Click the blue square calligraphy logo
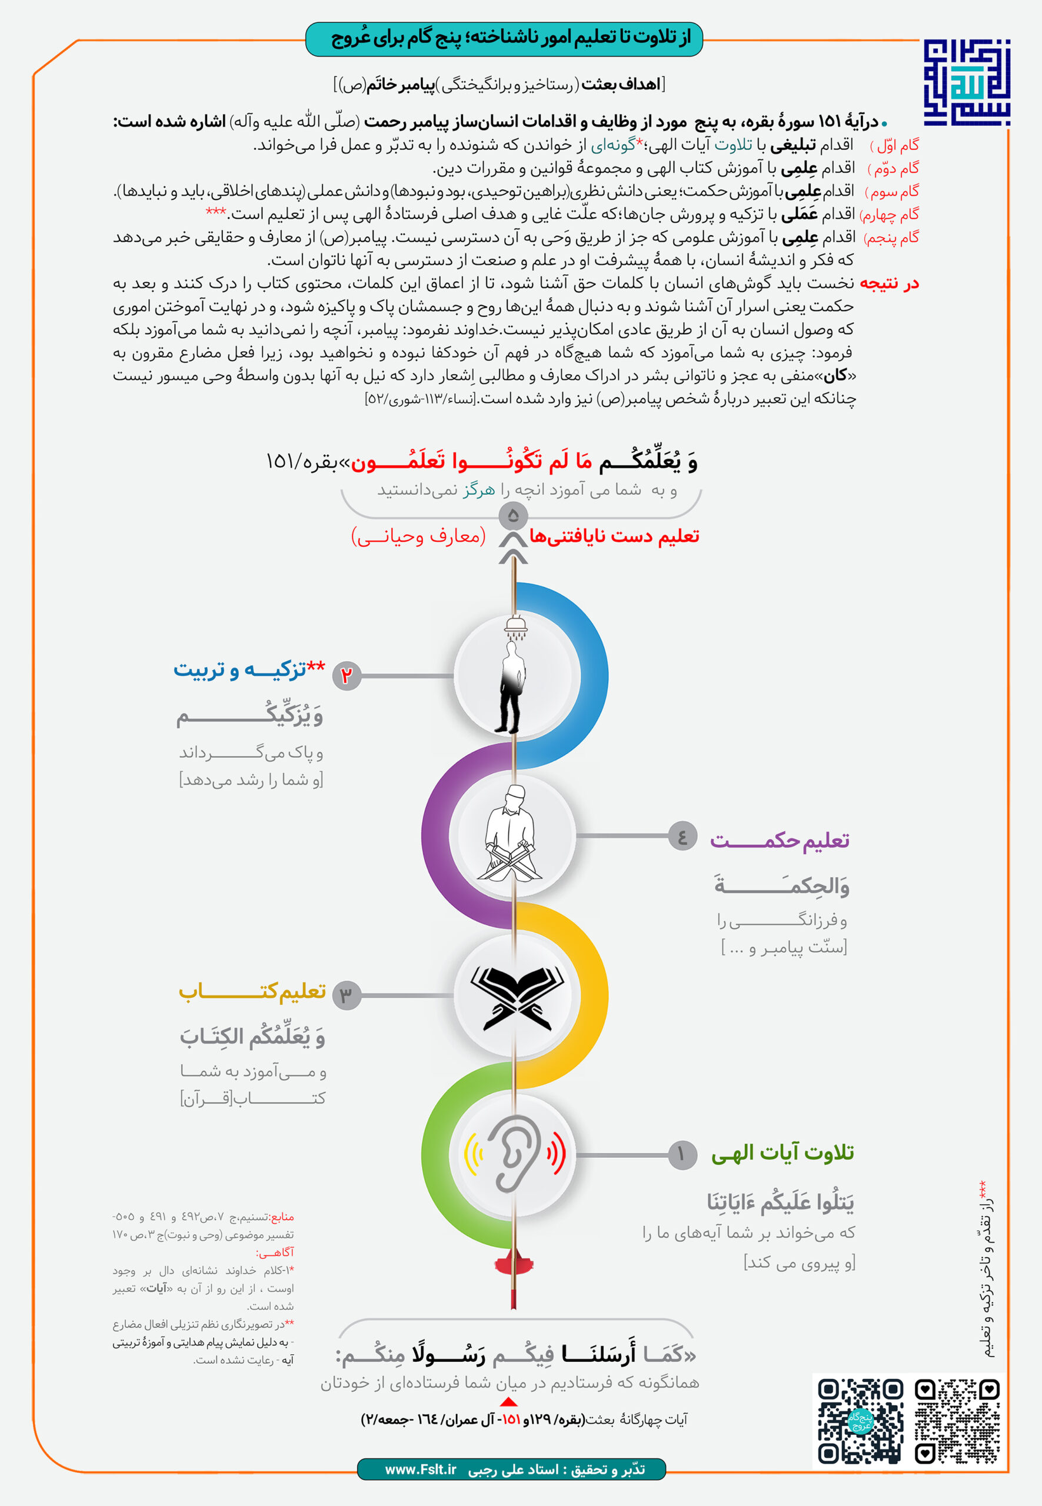[966, 83]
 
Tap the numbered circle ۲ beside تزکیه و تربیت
[347, 675]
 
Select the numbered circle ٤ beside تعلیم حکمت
[683, 835]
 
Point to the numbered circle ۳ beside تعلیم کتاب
[347, 995]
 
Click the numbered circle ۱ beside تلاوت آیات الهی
[683, 1154]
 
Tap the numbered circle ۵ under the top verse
[513, 516]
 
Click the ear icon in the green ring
[516, 1154]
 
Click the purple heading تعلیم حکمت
[780, 840]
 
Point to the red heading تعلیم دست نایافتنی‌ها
[614, 537]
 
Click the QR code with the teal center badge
[861, 1421]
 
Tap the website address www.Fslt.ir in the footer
[421, 1469]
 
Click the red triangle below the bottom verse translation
[508, 1401]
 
